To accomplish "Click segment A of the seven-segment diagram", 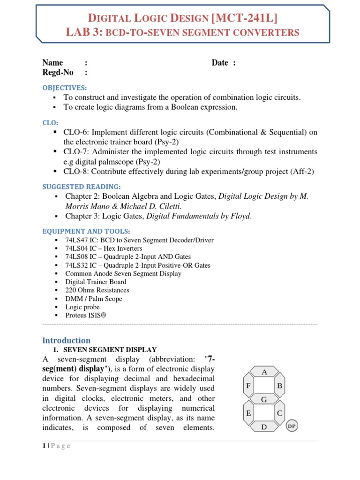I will pyautogui.click(x=264, y=373).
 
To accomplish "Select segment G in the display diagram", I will pyautogui.click(x=264, y=399).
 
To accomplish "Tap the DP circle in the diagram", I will pyautogui.click(x=292, y=426).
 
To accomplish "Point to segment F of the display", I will pyautogui.click(x=248, y=386).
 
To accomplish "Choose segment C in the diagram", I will pyautogui.click(x=279, y=413).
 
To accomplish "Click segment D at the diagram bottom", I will pyautogui.click(x=264, y=427).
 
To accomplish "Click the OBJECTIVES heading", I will pyautogui.click(x=65, y=88).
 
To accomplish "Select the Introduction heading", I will pyautogui.click(x=66, y=340).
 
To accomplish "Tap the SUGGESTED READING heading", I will pyautogui.click(x=82, y=186).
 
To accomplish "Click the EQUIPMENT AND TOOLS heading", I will pyautogui.click(x=86, y=231).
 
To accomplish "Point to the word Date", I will pyautogui.click(x=220, y=63).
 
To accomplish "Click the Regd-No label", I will pyautogui.click(x=58, y=72).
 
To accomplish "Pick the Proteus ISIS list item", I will pyautogui.click(x=86, y=315).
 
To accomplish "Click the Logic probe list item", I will pyautogui.click(x=82, y=307).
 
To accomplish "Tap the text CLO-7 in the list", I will pyautogui.click(x=76, y=152).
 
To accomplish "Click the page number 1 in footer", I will pyautogui.click(x=44, y=446).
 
